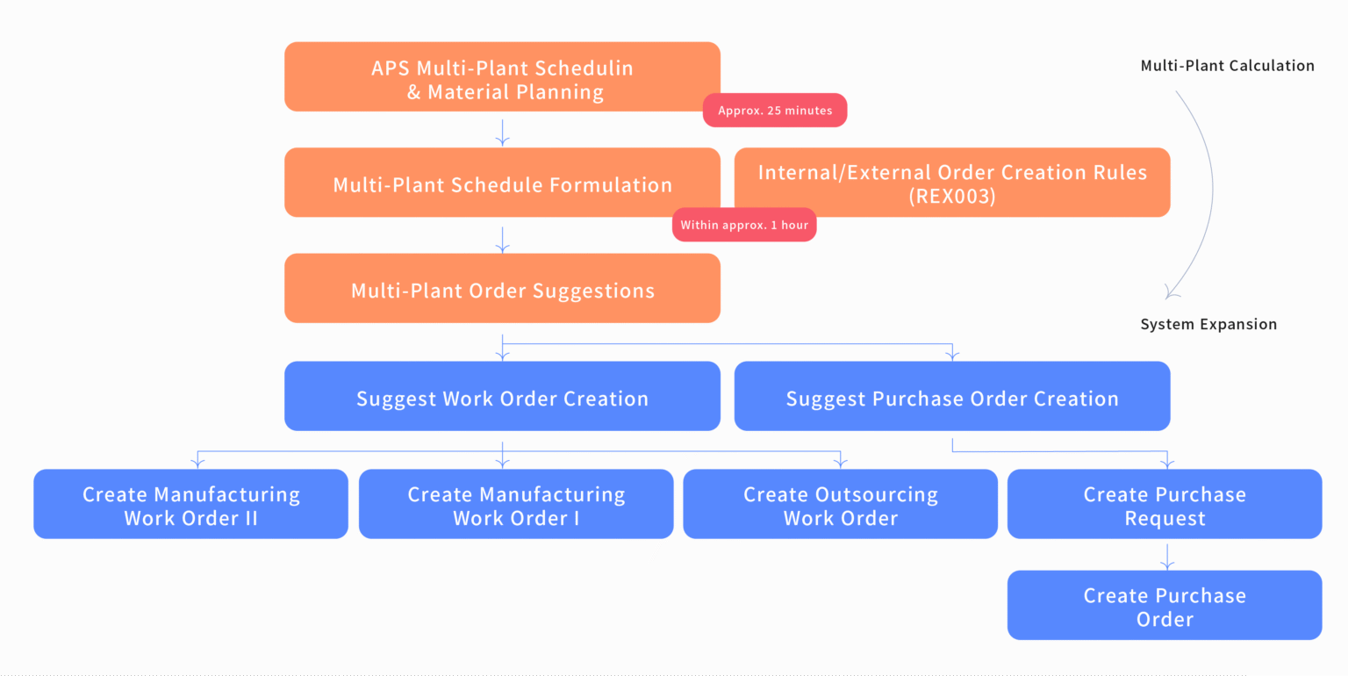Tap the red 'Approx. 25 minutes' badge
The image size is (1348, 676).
point(775,111)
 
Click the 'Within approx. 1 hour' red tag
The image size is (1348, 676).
point(744,225)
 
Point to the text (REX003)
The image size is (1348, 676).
point(952,197)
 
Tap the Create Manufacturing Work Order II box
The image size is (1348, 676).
point(190,505)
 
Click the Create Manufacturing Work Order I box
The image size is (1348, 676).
point(516,505)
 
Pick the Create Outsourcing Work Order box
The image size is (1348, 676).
point(840,505)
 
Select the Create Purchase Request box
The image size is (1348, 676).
point(1165,505)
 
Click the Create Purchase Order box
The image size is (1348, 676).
point(1165,606)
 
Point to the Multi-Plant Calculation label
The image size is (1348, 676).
point(1227,66)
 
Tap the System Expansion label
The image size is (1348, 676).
point(1208,325)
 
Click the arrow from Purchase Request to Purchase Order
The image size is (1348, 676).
point(1166,555)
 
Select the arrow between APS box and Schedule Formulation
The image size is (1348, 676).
point(502,131)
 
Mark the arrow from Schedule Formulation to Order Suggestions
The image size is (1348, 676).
point(502,238)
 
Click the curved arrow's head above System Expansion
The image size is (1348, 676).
point(1170,293)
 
